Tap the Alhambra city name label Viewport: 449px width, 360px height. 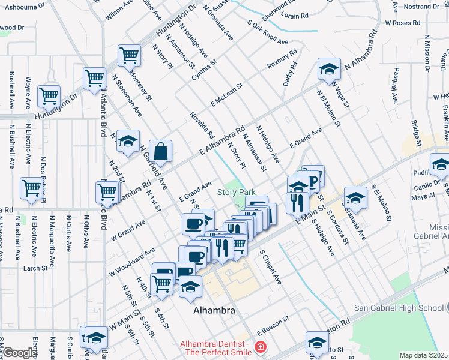tap(214, 311)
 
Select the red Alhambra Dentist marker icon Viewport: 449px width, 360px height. tap(261, 347)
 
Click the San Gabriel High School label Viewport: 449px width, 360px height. tap(398, 308)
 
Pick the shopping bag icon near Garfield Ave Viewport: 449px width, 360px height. tap(161, 152)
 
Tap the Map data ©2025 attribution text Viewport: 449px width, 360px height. tap(424, 355)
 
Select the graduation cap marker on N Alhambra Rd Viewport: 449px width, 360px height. tap(329, 70)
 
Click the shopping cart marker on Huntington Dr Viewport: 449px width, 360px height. tap(49, 95)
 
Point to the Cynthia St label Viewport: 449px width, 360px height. tap(204, 70)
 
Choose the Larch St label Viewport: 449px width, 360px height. tap(35, 268)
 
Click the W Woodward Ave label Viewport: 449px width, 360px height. tap(131, 262)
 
